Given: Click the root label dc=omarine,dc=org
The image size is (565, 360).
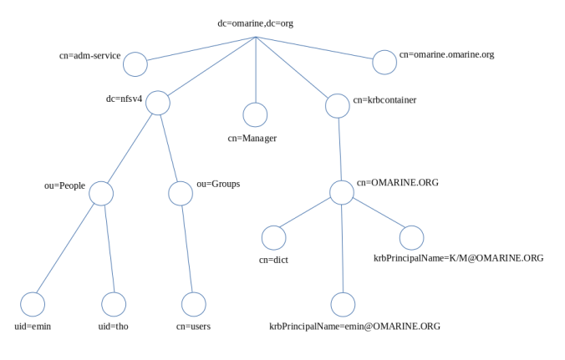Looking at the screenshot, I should coord(255,23).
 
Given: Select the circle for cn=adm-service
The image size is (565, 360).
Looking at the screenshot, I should coord(135,64).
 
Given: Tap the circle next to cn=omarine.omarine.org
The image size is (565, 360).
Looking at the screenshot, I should coord(384,62).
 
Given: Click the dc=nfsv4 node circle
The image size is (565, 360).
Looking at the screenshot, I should coord(158,103).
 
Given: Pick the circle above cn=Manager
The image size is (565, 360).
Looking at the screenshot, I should coord(255,114).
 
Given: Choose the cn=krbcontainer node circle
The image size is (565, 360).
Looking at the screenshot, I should coord(338,106).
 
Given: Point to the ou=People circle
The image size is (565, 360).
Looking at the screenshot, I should coord(101,193).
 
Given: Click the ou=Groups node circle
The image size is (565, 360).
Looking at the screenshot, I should coord(181,193).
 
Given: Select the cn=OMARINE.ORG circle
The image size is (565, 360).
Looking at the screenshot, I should coord(342,192).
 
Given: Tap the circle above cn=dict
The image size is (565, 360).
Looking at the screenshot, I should coord(274,237).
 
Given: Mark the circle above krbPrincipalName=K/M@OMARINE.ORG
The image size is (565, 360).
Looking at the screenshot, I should coord(411,237).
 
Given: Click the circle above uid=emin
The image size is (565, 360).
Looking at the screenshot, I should coord(33,304).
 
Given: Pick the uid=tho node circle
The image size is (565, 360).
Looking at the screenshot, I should coord(114,304).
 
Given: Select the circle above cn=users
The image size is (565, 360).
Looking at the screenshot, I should coord(194,304).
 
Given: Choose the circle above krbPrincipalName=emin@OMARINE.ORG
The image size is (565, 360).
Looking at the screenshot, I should coord(343,304).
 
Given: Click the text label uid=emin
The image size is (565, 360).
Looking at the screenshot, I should coord(33,327).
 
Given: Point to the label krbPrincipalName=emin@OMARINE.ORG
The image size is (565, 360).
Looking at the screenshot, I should coord(354,327).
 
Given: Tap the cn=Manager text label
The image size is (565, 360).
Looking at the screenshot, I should coord(252,138).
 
